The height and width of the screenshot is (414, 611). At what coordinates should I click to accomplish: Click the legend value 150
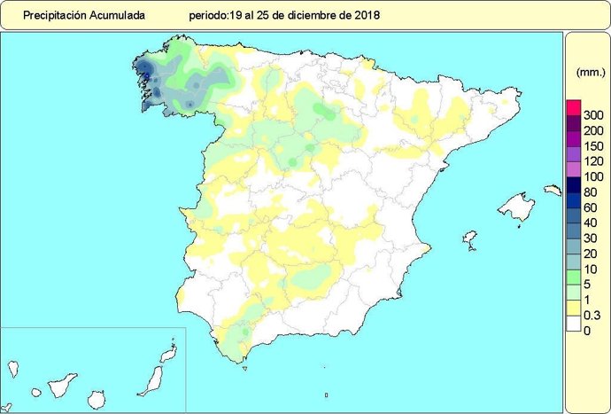point(594,146)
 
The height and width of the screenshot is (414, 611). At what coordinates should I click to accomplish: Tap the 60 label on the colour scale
point(592,207)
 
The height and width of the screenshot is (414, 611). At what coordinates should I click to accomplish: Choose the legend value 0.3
point(592,315)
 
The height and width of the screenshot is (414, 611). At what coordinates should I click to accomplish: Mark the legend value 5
point(589,284)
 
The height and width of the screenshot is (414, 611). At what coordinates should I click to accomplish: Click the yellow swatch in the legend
point(573,308)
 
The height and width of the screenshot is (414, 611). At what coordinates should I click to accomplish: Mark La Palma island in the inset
point(13,366)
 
